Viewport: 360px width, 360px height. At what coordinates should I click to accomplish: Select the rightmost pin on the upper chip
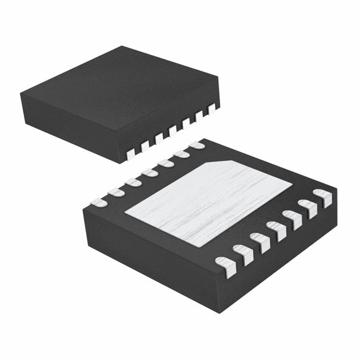click(x=212, y=107)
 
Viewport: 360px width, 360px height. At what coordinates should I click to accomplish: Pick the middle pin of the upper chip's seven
click(x=173, y=129)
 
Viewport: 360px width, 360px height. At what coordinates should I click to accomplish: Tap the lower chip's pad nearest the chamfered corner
click(x=197, y=145)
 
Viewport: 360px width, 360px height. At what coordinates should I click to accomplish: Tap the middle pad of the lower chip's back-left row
click(x=149, y=173)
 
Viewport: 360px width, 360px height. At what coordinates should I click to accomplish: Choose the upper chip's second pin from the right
click(x=199, y=114)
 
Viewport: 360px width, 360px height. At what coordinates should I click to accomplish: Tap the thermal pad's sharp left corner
click(x=125, y=213)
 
